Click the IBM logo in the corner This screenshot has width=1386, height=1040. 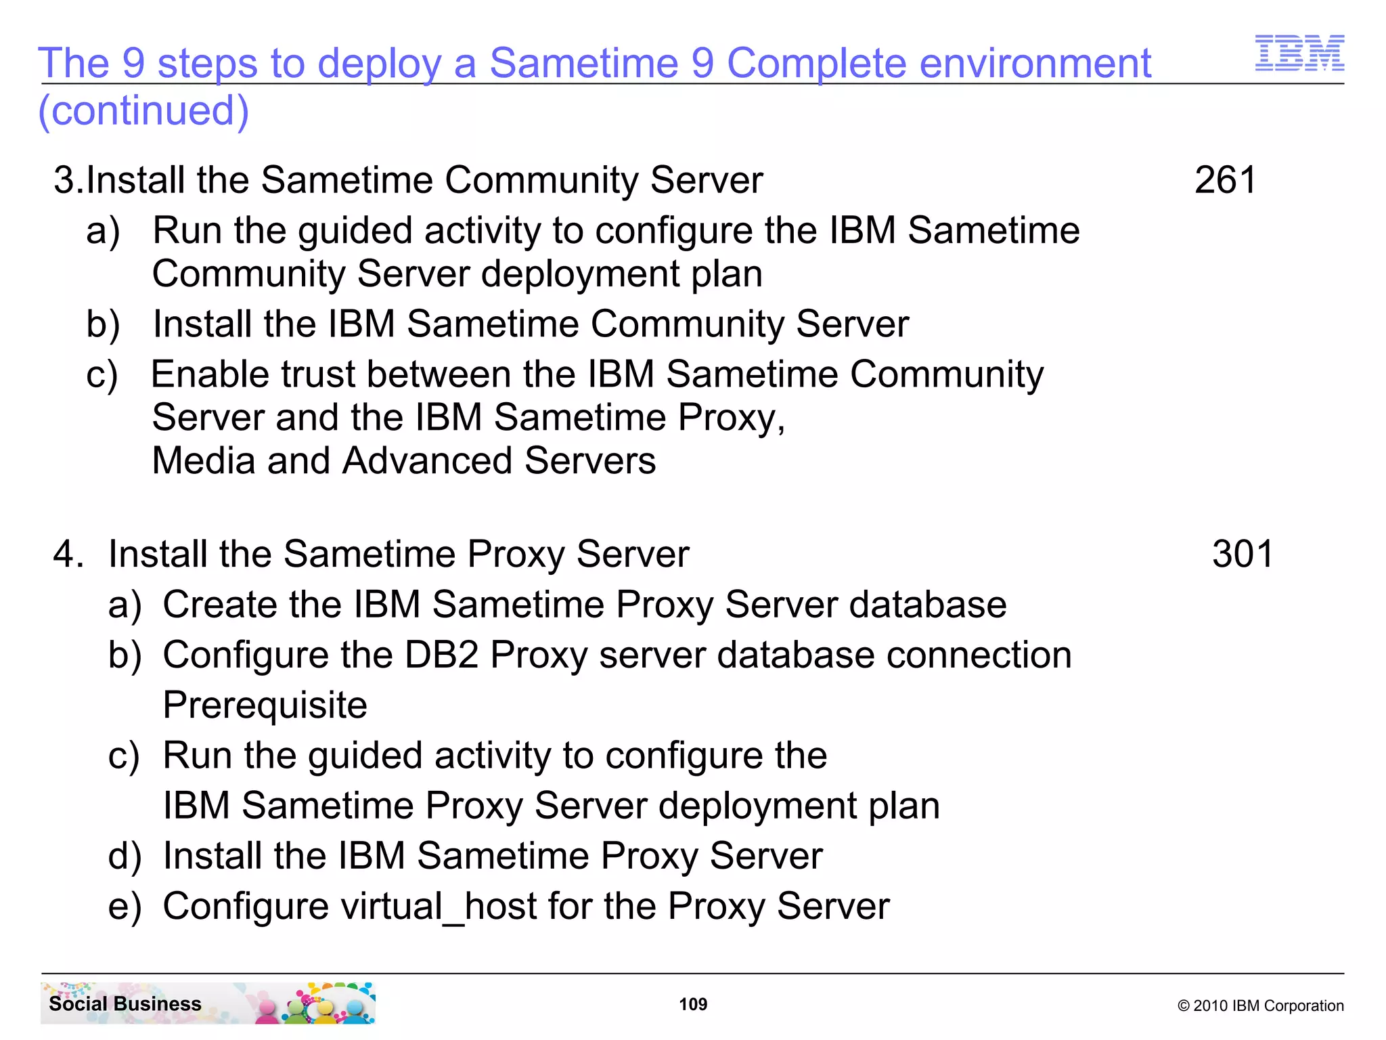pyautogui.click(x=1299, y=53)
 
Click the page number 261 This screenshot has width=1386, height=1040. pyautogui.click(x=1225, y=180)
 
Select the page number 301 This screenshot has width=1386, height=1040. pyautogui.click(x=1243, y=554)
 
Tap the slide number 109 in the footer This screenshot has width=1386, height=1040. pyautogui.click(x=693, y=1004)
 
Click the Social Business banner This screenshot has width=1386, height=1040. pyautogui.click(x=208, y=1003)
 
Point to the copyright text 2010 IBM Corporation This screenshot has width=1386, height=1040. pyautogui.click(x=1260, y=1005)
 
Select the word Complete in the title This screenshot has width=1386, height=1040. pyautogui.click(x=816, y=63)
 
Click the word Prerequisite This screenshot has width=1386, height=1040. pyautogui.click(x=265, y=705)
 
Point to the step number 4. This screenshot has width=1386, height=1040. pyautogui.click(x=68, y=554)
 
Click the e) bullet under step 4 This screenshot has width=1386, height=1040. pyautogui.click(x=125, y=906)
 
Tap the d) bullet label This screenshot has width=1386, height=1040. pyautogui.click(x=125, y=856)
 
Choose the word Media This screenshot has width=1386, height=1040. pyautogui.click(x=204, y=461)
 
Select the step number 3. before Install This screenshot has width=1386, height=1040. pyautogui.click(x=68, y=180)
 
